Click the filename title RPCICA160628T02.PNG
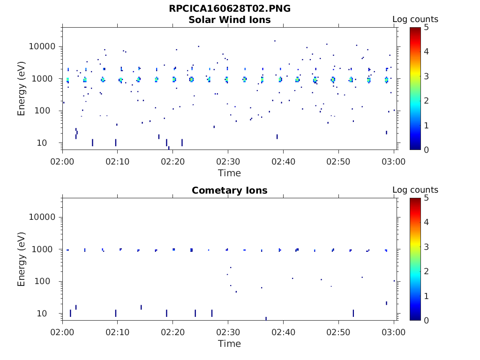point(230,9)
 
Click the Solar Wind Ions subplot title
point(230,20)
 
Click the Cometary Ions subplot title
point(230,190)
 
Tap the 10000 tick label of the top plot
point(43,46)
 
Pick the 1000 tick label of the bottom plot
point(46,249)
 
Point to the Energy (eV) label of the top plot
point(22,88)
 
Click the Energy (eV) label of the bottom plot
point(22,259)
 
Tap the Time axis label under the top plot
point(230,173)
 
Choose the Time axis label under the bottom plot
point(230,344)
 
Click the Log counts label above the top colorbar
point(415,19)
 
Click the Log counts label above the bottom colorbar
point(415,190)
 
